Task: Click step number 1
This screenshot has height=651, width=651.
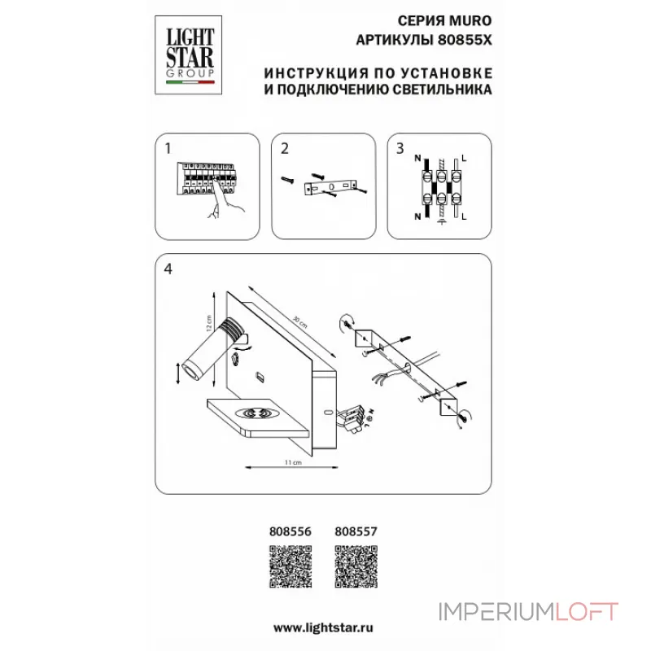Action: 168,149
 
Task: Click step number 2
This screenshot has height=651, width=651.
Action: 284,149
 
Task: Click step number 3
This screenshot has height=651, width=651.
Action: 400,149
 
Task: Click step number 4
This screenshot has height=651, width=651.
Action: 168,269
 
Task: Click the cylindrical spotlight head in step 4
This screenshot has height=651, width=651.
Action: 203,353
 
